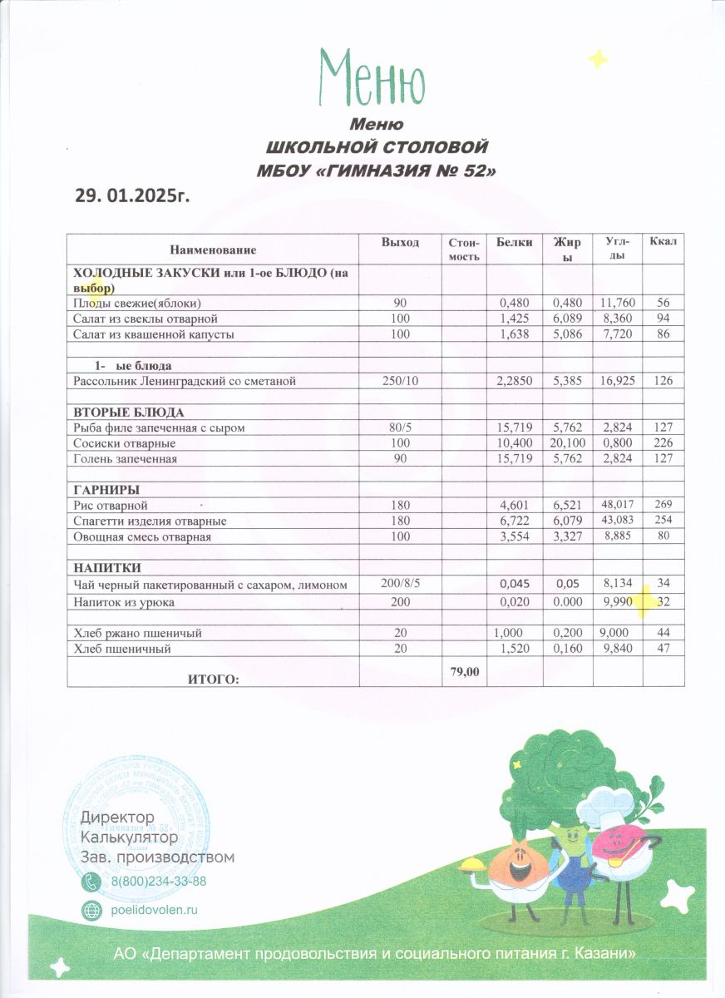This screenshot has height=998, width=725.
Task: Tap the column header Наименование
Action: pyautogui.click(x=213, y=249)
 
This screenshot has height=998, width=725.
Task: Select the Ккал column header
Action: pyautogui.click(x=663, y=242)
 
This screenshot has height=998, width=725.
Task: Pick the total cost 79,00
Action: pyautogui.click(x=463, y=671)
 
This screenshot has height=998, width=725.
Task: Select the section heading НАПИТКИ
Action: pyautogui.click(x=107, y=567)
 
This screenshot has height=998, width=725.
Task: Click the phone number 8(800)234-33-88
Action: pyautogui.click(x=158, y=882)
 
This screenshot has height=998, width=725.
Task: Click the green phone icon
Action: pyautogui.click(x=91, y=882)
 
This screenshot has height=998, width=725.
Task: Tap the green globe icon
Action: pyautogui.click(x=91, y=910)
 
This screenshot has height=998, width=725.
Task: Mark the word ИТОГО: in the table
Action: pyautogui.click(x=214, y=679)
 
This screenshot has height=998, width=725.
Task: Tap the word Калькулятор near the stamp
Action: pyautogui.click(x=129, y=837)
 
